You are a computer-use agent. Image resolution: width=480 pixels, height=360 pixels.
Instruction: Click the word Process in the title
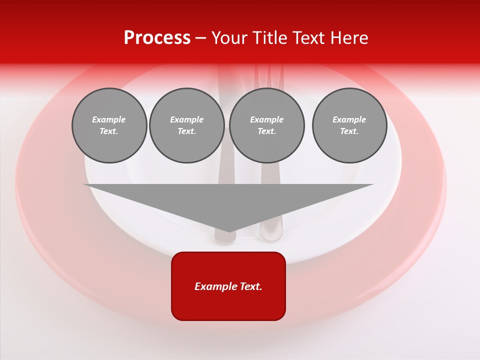[157, 38]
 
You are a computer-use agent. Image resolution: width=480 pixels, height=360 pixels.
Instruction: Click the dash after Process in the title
[200, 38]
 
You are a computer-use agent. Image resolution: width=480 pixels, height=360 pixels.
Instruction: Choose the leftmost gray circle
[109, 125]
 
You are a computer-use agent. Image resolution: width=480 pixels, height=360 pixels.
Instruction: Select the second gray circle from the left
[187, 125]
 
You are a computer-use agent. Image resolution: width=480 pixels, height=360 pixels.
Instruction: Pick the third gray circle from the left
[266, 125]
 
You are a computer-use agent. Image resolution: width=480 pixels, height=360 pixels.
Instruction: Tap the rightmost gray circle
[349, 125]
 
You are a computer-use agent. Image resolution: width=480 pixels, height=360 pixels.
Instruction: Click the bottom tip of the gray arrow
[229, 230]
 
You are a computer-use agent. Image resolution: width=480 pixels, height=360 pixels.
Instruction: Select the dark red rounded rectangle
[228, 305]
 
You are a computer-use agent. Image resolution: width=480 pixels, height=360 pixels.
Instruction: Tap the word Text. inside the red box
[251, 286]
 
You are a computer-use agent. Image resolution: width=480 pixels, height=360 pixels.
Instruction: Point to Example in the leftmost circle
[109, 119]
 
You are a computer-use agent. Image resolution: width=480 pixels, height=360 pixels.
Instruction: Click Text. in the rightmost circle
[349, 131]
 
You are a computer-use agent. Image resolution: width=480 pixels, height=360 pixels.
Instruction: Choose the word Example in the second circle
[187, 119]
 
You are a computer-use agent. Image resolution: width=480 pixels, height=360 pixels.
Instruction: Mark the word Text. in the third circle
[266, 131]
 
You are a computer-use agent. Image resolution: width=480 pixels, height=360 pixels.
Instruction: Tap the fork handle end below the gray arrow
[271, 235]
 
